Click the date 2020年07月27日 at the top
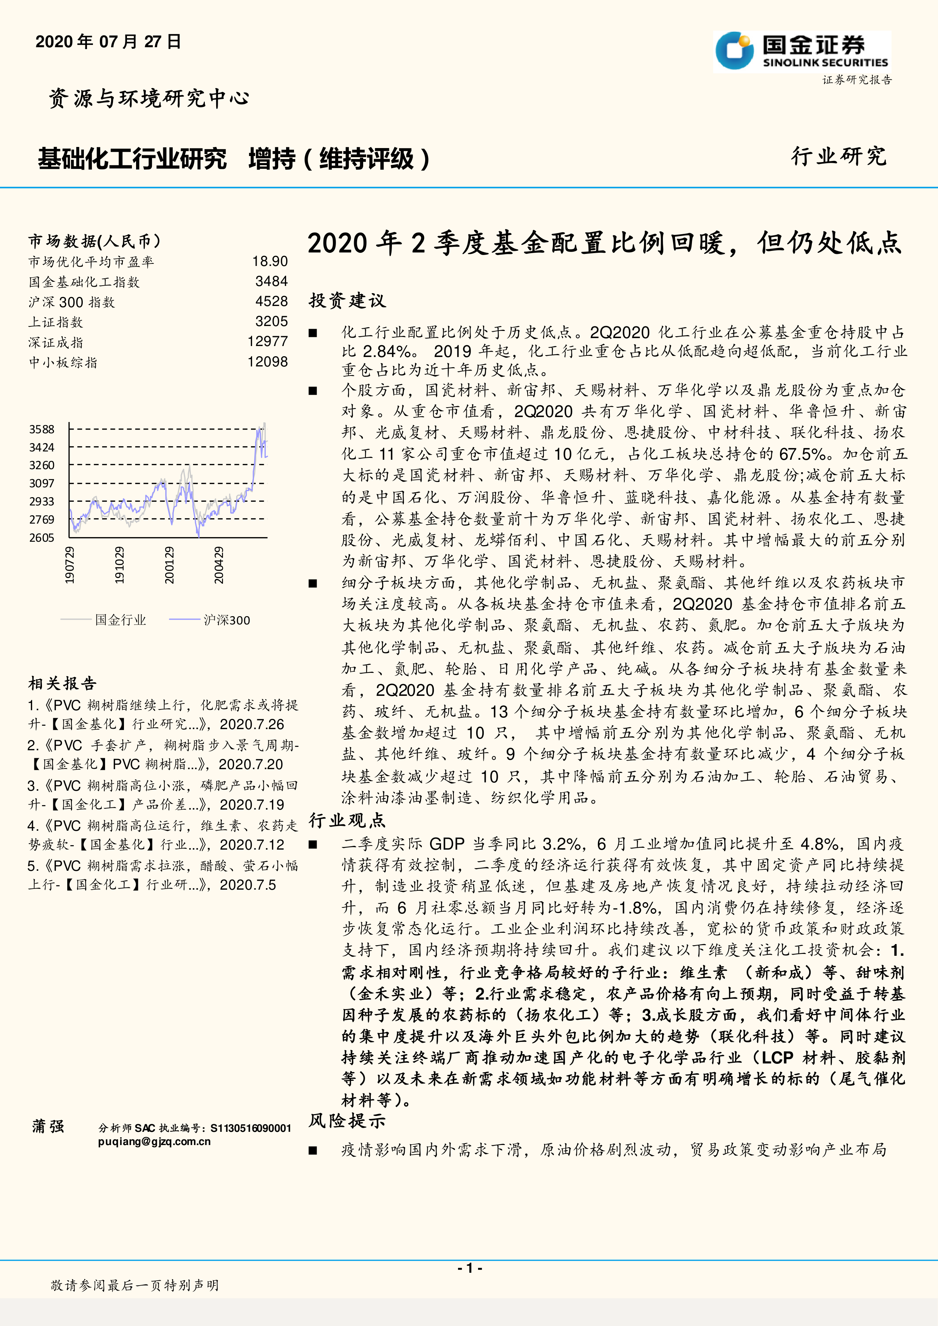point(108,42)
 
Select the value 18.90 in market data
point(270,262)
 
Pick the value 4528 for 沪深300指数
point(271,301)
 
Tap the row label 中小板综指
point(63,363)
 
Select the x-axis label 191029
point(119,565)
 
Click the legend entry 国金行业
point(120,620)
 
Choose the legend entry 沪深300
point(226,620)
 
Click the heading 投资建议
point(347,300)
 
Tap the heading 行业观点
point(347,820)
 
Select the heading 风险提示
point(347,1121)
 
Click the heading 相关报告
point(62,684)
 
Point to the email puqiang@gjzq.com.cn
point(154,1141)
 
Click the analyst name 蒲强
point(48,1126)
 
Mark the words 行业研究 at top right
point(839,156)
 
